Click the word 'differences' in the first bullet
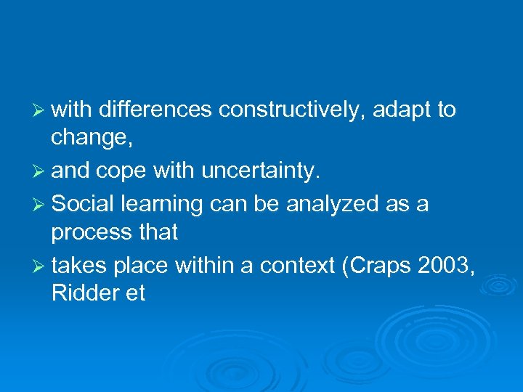point(155,110)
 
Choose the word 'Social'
point(84,205)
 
